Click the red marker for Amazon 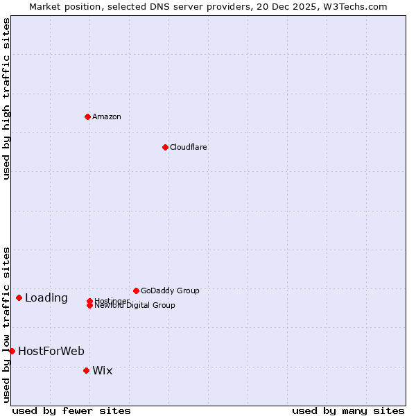(x=87, y=116)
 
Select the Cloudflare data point (x=165, y=147)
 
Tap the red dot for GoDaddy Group (x=136, y=291)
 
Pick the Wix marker (x=86, y=370)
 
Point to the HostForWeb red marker (x=12, y=351)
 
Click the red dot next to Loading (x=19, y=297)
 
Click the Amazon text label (x=107, y=116)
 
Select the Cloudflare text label (x=189, y=147)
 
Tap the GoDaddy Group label (x=170, y=291)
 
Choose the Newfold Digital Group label (x=135, y=306)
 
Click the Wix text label (x=102, y=370)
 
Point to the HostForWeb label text (x=51, y=351)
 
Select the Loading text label (x=46, y=298)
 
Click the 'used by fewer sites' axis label (x=71, y=410)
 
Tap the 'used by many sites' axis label (x=348, y=410)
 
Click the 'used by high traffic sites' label (x=6, y=98)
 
